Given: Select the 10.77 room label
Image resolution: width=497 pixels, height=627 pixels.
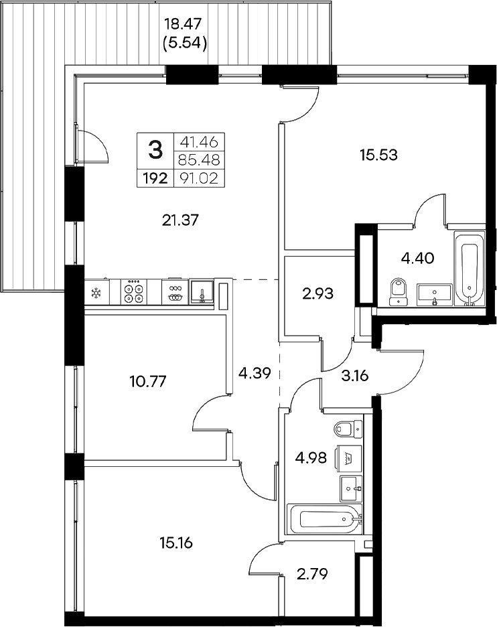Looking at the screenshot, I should coord(147,382).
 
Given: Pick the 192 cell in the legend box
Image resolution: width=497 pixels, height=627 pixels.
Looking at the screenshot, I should coord(155,178).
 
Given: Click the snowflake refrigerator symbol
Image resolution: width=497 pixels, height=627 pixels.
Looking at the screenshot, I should coord(97,293).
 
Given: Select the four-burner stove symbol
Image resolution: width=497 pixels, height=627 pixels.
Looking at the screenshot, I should coord(134,293).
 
